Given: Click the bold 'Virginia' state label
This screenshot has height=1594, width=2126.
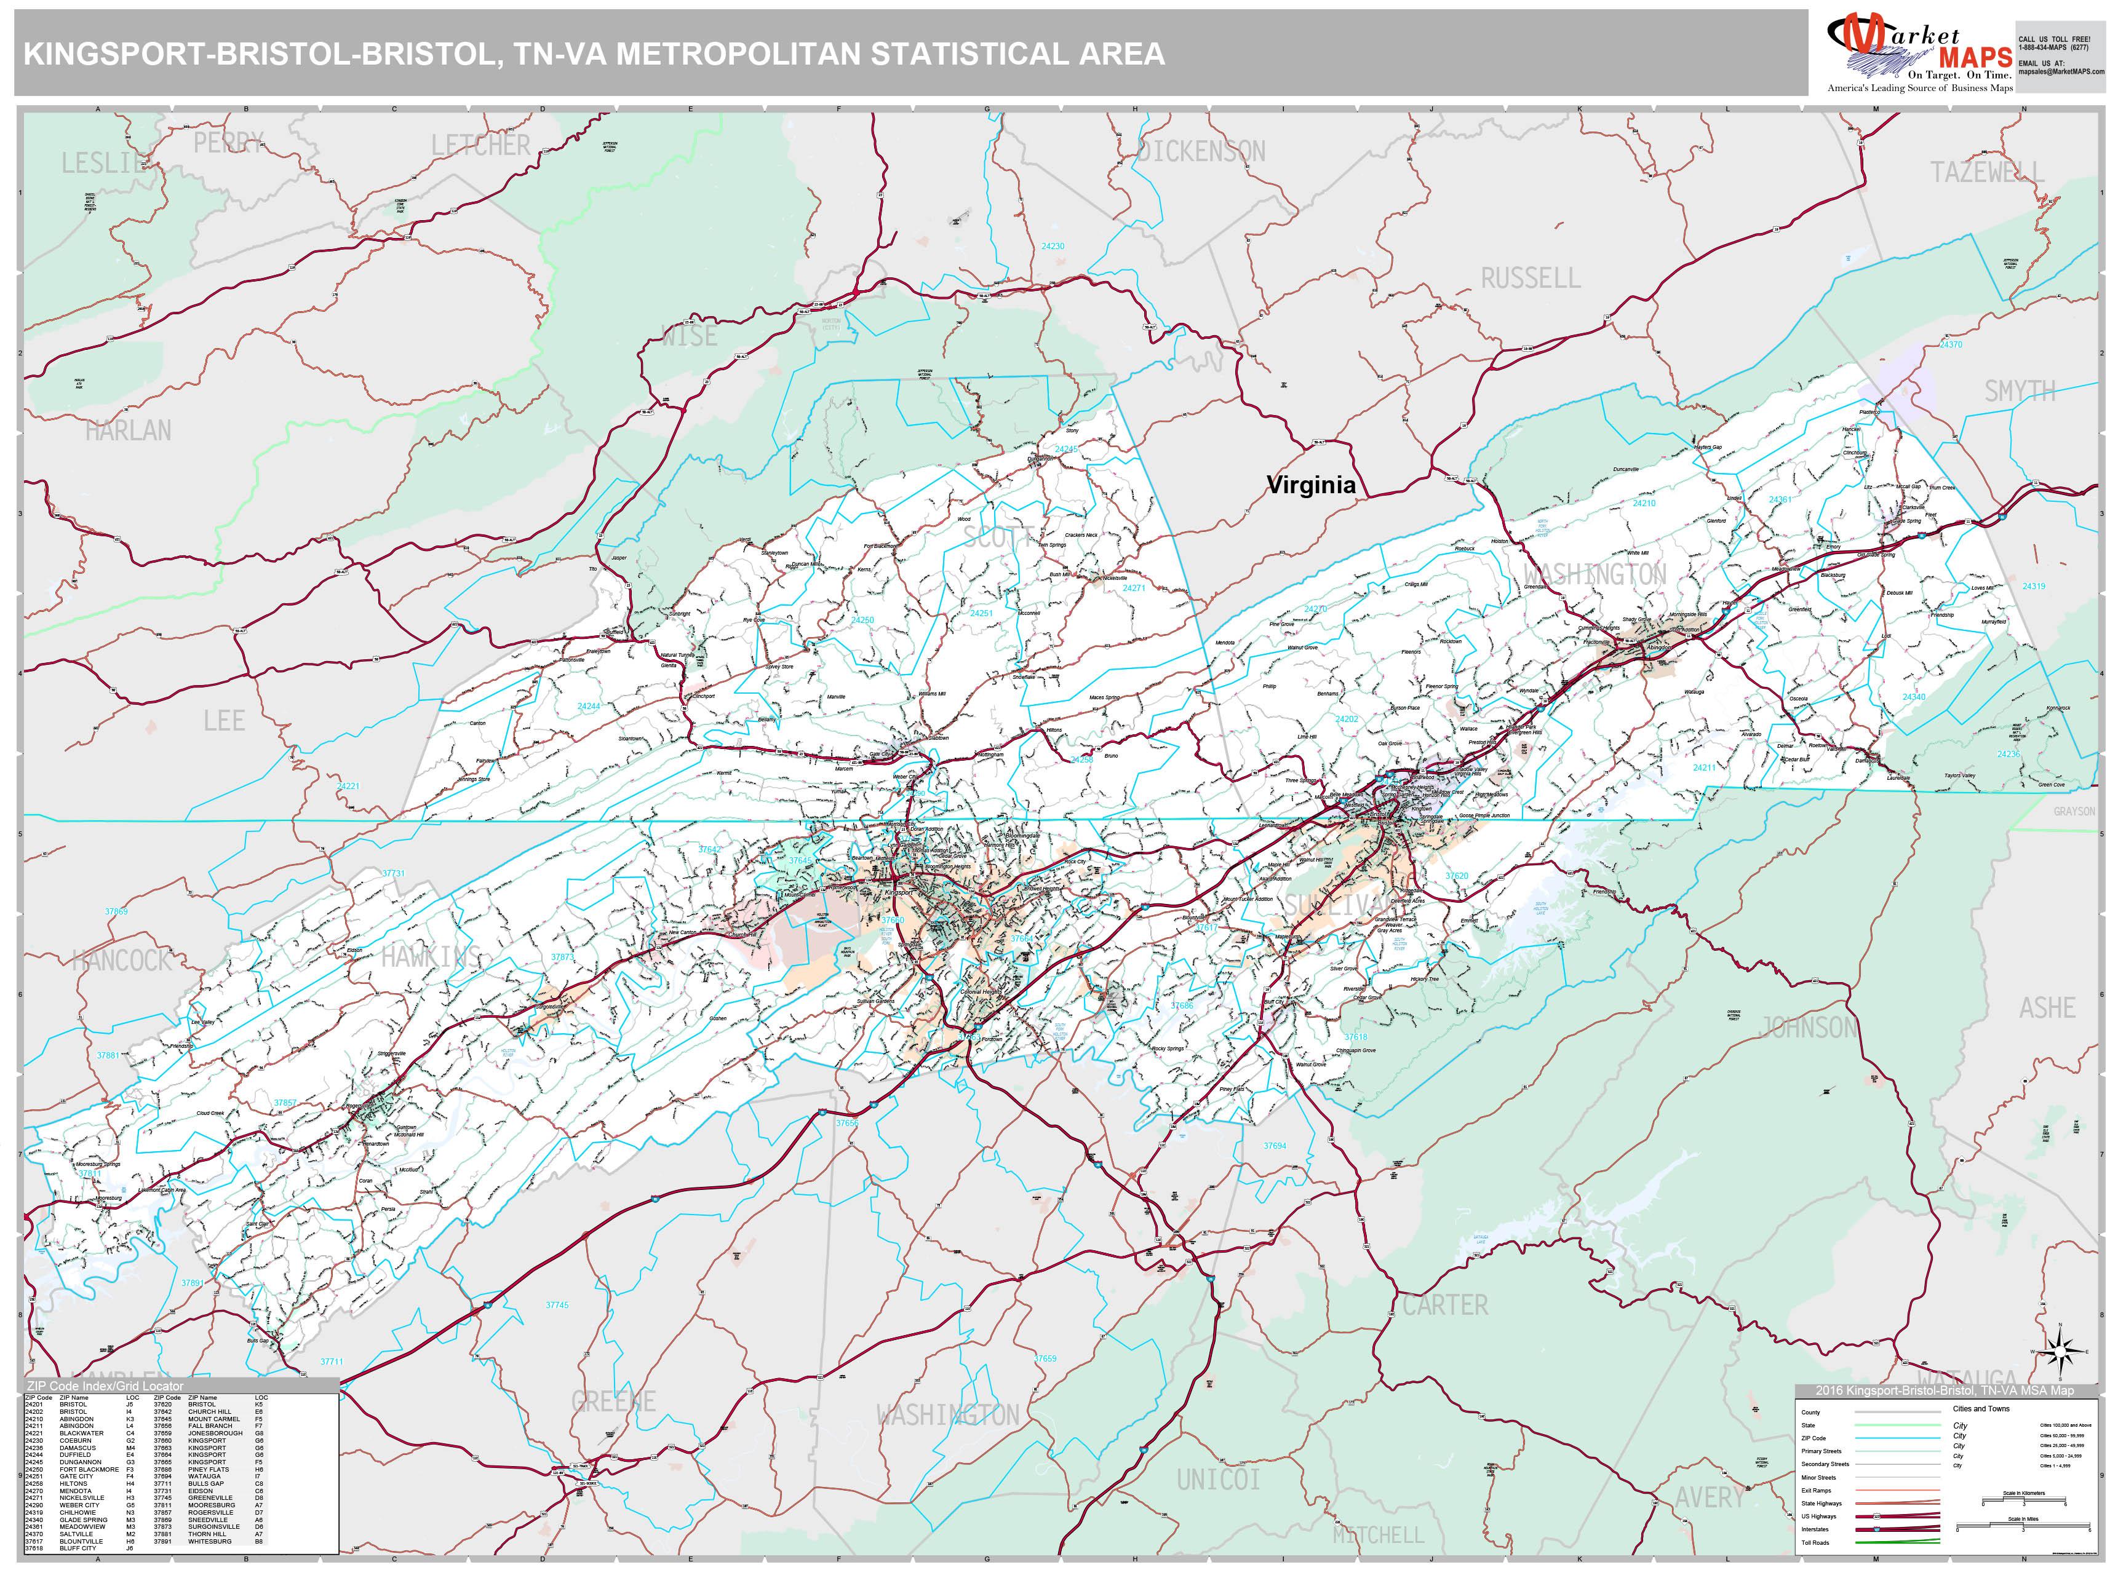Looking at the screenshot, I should click(x=1310, y=485).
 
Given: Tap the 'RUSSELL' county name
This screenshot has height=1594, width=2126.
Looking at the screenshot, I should click(x=1530, y=279).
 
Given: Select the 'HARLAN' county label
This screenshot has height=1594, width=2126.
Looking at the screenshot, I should click(x=128, y=430).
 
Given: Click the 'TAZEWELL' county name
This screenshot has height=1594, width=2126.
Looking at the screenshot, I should click(x=1986, y=173).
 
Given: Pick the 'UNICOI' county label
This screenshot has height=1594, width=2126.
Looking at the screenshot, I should click(x=1218, y=1480).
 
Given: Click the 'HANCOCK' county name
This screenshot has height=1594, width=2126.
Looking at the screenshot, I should click(x=121, y=960).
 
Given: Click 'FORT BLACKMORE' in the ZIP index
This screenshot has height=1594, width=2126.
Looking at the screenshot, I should click(x=89, y=1469).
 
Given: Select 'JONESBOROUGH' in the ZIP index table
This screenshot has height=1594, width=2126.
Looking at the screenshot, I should click(x=215, y=1433).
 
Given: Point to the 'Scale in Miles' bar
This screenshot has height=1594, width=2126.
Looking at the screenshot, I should click(x=2023, y=1526).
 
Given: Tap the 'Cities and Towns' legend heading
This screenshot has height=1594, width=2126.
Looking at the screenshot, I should click(x=1981, y=1408).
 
